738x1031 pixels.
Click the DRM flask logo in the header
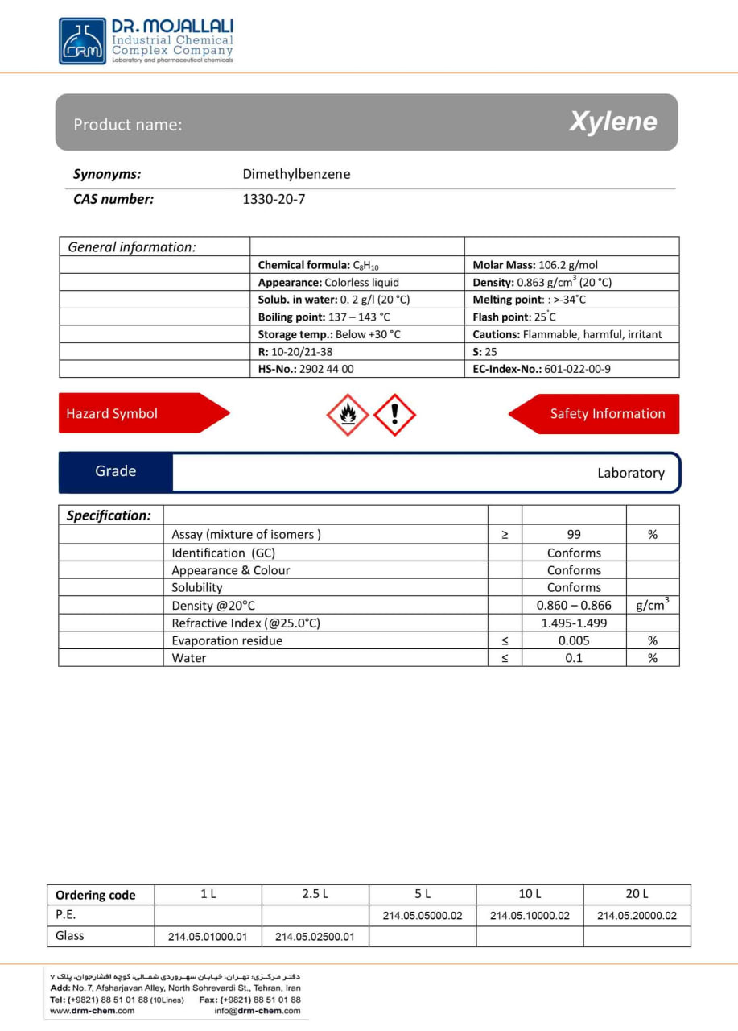(x=82, y=41)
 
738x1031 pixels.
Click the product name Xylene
(x=612, y=122)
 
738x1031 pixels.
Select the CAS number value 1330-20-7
(x=274, y=199)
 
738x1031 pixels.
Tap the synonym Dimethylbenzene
(x=296, y=174)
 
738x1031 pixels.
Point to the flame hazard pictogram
(x=347, y=415)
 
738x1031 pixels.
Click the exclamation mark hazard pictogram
(x=394, y=415)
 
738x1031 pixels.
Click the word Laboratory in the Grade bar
(x=630, y=473)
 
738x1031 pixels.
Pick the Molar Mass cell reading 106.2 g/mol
(x=535, y=265)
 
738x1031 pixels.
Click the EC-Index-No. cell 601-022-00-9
(x=542, y=369)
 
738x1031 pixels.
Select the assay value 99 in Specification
(x=573, y=534)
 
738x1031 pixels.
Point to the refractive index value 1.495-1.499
(x=573, y=623)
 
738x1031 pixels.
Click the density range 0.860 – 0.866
(x=573, y=605)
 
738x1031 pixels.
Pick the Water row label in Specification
(x=189, y=658)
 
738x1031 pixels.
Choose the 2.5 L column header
(x=315, y=894)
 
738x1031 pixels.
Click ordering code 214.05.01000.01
(x=208, y=937)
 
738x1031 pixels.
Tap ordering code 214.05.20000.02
(x=637, y=916)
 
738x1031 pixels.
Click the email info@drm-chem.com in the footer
(x=258, y=1011)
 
